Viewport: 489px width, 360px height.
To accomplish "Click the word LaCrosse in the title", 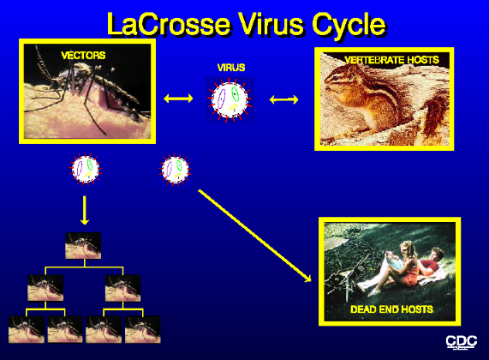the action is point(169,24).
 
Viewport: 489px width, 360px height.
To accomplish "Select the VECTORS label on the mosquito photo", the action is point(83,56).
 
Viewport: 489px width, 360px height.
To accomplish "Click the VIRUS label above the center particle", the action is point(231,68).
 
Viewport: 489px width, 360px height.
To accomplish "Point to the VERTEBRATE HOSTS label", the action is point(391,60).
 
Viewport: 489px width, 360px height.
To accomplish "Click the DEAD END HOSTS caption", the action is point(391,309).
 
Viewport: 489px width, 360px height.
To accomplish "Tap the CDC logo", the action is point(462,342).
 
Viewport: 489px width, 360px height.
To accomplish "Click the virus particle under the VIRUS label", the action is point(230,99).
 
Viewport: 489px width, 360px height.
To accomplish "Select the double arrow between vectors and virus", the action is point(178,99).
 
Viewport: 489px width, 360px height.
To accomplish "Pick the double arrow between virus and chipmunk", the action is point(283,99).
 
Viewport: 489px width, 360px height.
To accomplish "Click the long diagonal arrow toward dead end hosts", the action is point(255,236).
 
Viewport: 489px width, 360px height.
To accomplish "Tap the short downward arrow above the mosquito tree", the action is point(85,210).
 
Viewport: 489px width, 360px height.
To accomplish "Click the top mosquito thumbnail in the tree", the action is point(83,246).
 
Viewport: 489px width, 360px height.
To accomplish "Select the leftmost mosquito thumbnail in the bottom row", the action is point(27,329).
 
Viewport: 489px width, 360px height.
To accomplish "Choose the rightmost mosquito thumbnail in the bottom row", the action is point(143,329).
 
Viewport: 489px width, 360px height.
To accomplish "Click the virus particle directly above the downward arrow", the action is point(85,169).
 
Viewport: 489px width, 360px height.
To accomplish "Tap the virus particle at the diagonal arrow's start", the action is point(176,169).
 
